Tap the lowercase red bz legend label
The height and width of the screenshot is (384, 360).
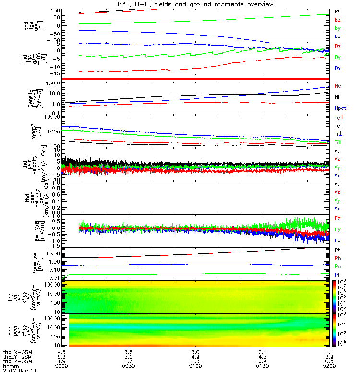tap(337, 20)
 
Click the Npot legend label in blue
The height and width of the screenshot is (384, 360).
tap(339, 108)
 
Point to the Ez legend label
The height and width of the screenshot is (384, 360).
tap(337, 218)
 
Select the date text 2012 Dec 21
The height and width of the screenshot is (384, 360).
tap(20, 371)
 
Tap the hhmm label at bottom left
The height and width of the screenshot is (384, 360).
tap(10, 366)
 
